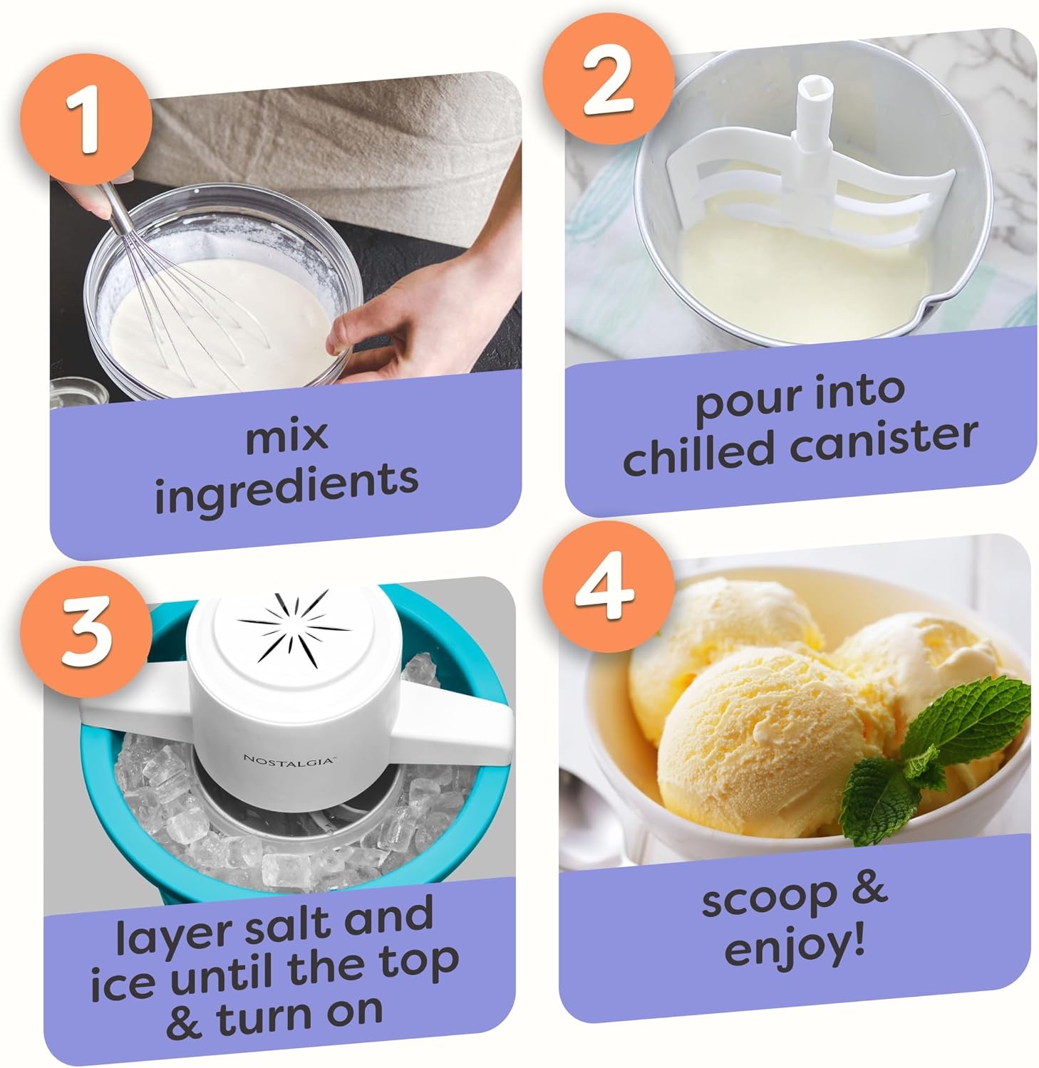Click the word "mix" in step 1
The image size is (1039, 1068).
pyautogui.click(x=287, y=436)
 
